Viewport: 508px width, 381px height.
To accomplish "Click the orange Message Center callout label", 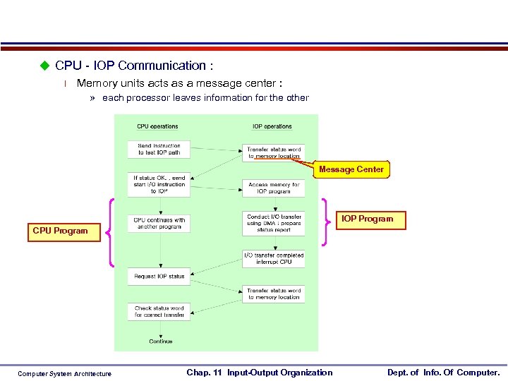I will pos(351,169).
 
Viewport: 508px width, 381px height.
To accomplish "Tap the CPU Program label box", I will pos(60,231).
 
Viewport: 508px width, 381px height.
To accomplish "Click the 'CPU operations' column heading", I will pos(157,127).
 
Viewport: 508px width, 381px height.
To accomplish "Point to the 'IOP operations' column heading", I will pos(272,127).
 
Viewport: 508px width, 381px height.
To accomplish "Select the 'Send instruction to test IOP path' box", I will pos(159,149).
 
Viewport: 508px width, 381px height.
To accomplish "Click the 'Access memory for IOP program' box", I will pos(274,188).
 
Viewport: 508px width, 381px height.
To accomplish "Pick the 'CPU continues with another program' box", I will pos(159,224).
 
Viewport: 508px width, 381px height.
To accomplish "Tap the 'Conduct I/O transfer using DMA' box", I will pos(274,223).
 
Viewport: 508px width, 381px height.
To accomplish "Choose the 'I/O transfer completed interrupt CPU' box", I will pos(274,258).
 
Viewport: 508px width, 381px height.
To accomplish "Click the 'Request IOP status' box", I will pos(159,276).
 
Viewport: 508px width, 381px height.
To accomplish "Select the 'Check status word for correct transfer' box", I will pos(159,311).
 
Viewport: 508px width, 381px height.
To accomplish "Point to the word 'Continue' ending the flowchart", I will pos(161,341).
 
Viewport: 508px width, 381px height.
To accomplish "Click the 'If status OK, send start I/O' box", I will pos(159,184).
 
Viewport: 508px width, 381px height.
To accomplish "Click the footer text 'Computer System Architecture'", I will pos(64,374).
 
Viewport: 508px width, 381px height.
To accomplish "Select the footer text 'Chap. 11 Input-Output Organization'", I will pos(259,373).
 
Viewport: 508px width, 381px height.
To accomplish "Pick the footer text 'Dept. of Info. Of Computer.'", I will pos(443,373).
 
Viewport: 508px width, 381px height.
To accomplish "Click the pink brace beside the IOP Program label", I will pos(325,221).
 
